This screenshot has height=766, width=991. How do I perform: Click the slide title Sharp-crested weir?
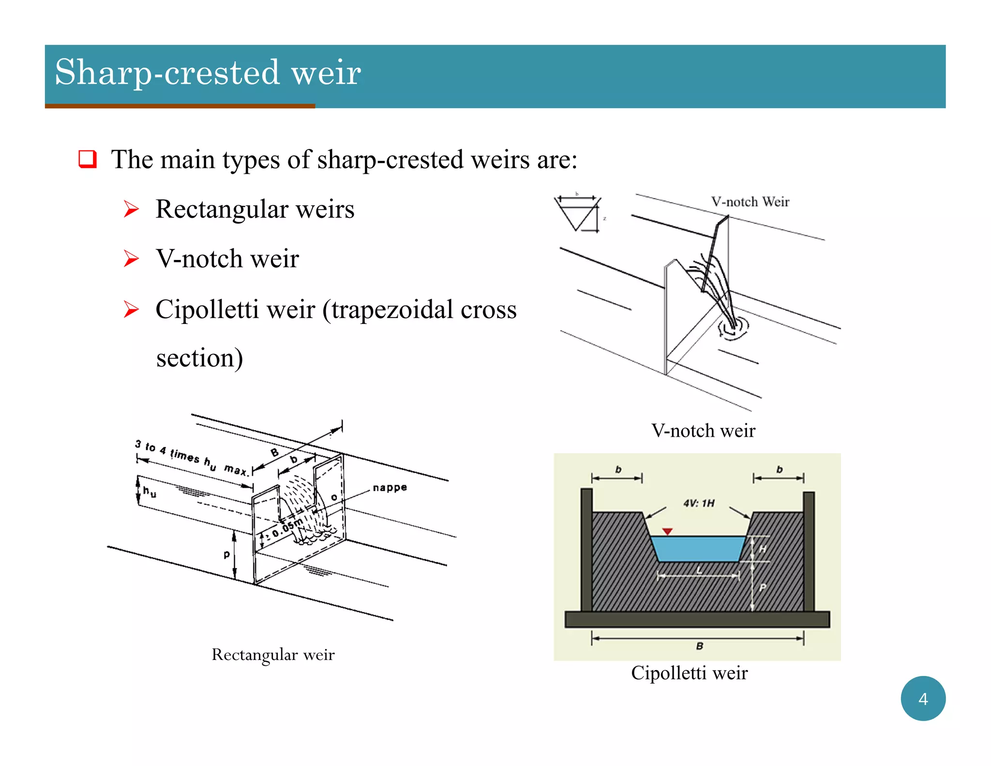tap(208, 73)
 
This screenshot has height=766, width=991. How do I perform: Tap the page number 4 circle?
tap(922, 698)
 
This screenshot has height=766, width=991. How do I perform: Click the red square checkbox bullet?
tap(88, 159)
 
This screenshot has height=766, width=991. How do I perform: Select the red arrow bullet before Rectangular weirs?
tap(131, 209)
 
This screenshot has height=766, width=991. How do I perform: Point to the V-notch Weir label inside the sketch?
tap(750, 202)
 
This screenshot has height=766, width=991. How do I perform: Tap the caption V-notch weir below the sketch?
tap(703, 430)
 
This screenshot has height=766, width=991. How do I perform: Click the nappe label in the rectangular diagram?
tap(390, 487)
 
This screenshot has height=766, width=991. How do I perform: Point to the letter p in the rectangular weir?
tap(226, 554)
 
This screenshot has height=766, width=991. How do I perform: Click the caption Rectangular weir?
tap(273, 655)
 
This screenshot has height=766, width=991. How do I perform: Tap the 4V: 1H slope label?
tap(698, 503)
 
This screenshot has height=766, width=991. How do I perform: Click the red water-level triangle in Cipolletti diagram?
tap(667, 532)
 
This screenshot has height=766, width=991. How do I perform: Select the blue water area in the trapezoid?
tap(697, 549)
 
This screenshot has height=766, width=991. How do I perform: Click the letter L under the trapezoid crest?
tap(699, 570)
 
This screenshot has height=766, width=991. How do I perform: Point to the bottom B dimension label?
tap(699, 645)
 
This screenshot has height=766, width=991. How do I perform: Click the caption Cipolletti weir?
tap(689, 673)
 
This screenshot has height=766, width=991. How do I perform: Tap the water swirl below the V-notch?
tap(733, 328)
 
